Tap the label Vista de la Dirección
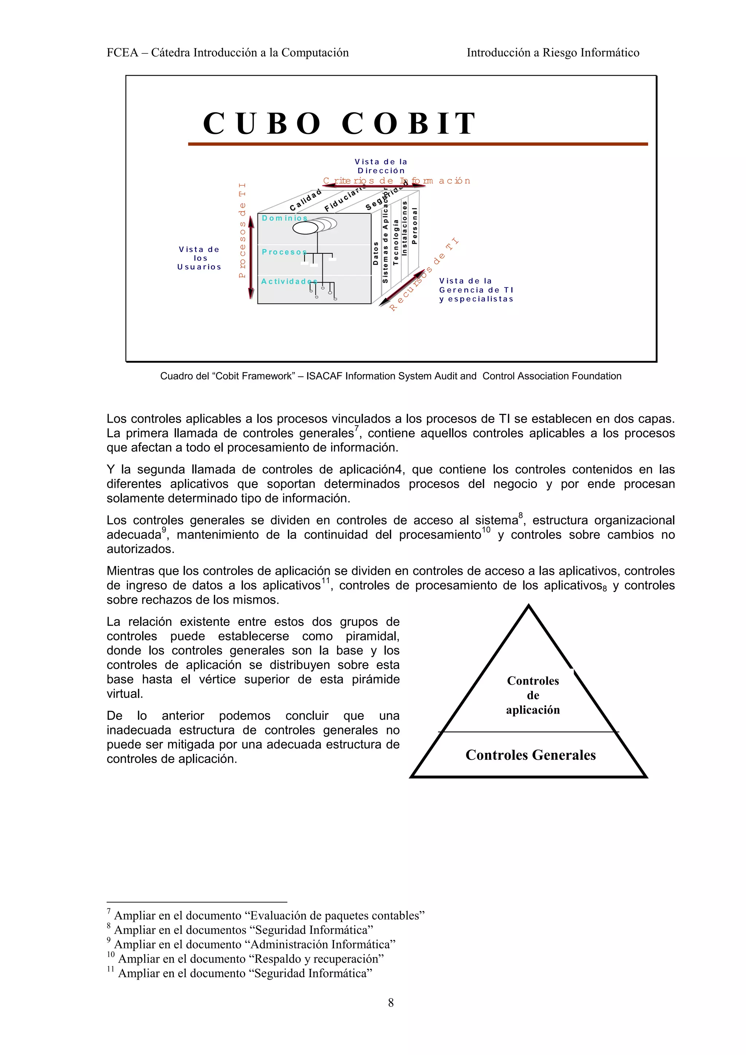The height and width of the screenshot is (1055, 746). (x=381, y=166)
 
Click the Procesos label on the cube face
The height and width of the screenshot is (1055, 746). (x=284, y=252)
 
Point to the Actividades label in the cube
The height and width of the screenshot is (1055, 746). (x=288, y=281)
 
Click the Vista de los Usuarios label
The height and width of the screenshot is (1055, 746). (x=200, y=258)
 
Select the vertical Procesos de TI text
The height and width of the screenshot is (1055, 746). (x=242, y=230)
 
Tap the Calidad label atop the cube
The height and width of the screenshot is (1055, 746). (x=305, y=200)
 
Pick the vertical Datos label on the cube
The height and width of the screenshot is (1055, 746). (x=376, y=253)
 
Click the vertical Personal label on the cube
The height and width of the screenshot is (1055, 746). (x=414, y=225)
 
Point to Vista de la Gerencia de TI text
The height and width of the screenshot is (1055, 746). (x=476, y=289)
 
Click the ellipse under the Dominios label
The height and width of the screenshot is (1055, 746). (x=305, y=228)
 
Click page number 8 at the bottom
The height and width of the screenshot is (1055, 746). (x=391, y=1002)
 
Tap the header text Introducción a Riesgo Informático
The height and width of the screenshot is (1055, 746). (x=553, y=52)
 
